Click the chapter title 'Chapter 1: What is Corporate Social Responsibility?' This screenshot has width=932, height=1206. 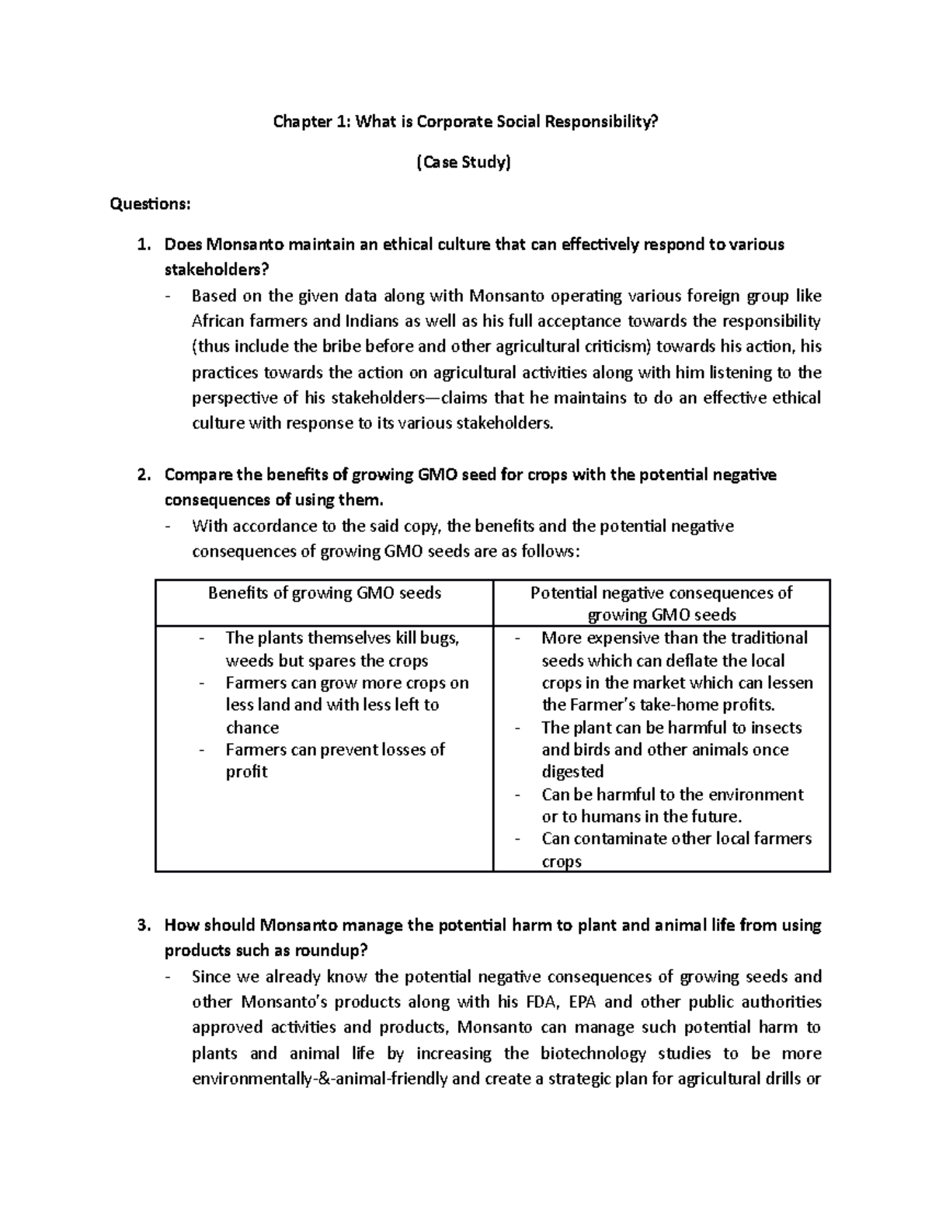click(x=464, y=122)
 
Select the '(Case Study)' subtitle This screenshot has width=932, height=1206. click(x=464, y=162)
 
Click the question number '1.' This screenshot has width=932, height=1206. click(x=143, y=245)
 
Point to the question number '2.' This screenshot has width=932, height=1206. click(x=143, y=474)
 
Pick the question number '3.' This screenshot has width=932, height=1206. click(x=143, y=926)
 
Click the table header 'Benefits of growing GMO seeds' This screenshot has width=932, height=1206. click(x=324, y=593)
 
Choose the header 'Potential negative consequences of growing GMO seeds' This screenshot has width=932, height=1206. click(x=661, y=604)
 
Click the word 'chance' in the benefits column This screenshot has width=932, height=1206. click(x=252, y=728)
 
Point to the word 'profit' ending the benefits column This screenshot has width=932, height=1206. click(x=246, y=772)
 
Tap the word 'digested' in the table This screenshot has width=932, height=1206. click(x=572, y=772)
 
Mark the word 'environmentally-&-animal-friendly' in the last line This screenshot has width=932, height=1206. click(x=319, y=1079)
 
